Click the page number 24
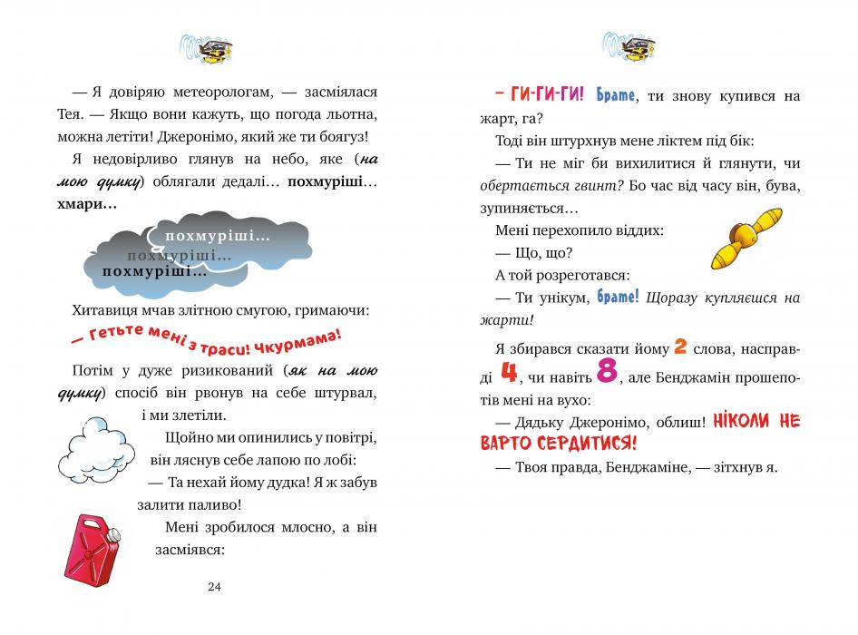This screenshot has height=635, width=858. tap(214, 586)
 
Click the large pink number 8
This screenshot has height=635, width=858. tap(606, 371)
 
